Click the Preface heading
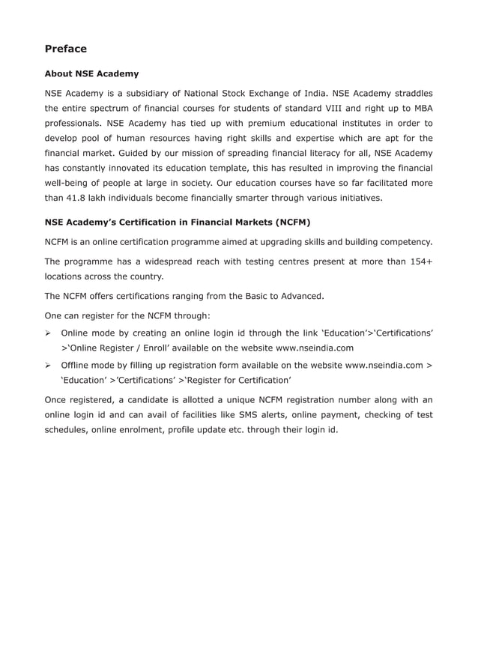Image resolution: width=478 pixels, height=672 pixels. (66, 49)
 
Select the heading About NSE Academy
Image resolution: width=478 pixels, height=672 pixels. (91, 74)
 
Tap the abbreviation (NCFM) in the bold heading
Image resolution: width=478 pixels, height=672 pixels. (292, 223)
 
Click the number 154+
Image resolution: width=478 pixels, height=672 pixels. (418, 261)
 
